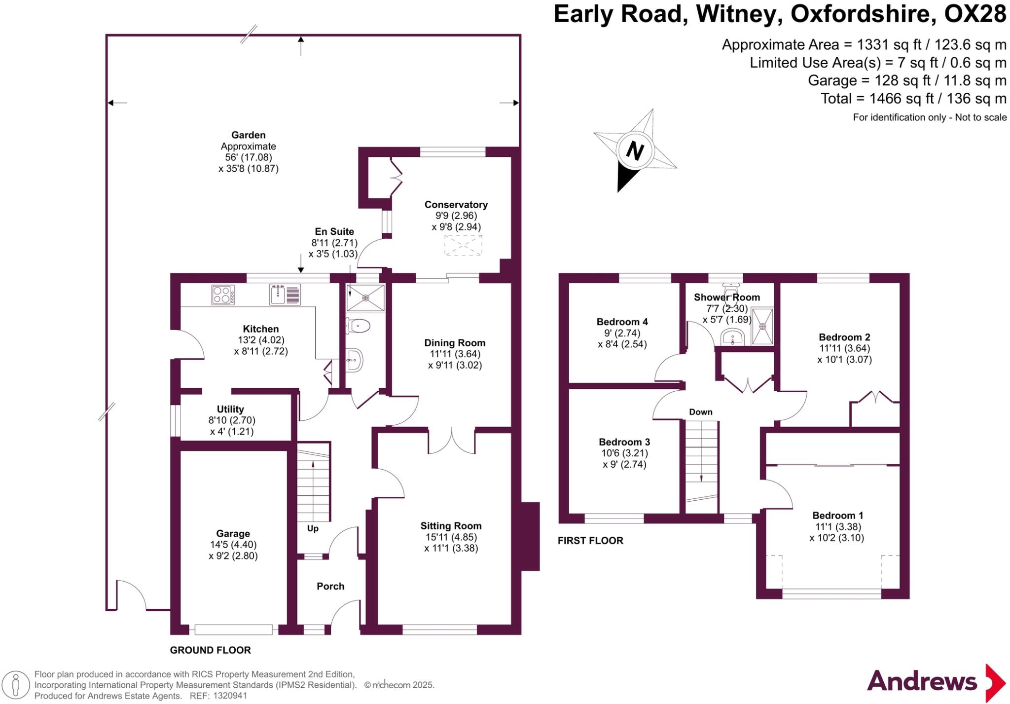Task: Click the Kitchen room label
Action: pos(260,329)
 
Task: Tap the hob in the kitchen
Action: pos(222,295)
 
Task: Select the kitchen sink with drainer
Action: pos(285,295)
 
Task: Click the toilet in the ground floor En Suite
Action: pos(359,326)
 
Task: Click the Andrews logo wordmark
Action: pos(922,681)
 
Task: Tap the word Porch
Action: pos(330,586)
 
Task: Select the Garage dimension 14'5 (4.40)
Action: pos(233,545)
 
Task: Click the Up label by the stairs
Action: pos(313,528)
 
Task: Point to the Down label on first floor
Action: pos(700,412)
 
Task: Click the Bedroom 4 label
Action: pos(622,322)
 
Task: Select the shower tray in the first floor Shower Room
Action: pos(762,326)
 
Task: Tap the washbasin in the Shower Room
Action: pos(732,338)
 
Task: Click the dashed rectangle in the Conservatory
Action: pos(463,245)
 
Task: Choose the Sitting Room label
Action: pos(451,526)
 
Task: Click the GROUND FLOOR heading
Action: pos(210,650)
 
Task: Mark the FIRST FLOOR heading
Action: pos(590,541)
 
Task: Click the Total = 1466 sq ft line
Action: pos(913,99)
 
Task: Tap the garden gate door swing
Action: pos(130,595)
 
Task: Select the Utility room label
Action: pos(230,409)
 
